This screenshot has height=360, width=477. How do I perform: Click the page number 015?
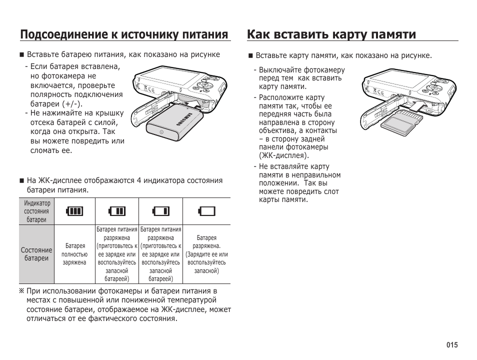tap(452, 345)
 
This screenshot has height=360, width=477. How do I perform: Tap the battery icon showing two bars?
tap(117, 211)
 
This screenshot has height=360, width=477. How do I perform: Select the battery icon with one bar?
tap(161, 211)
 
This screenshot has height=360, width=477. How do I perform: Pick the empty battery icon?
tap(206, 211)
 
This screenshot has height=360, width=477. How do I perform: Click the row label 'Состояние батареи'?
tap(36, 254)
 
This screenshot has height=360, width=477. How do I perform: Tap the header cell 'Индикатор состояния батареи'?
tap(37, 211)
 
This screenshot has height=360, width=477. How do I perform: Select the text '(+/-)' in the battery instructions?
tap(72, 103)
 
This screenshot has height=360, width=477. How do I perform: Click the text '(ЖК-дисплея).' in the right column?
tap(280, 155)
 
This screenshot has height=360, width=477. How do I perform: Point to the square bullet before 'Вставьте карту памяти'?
tap(250, 55)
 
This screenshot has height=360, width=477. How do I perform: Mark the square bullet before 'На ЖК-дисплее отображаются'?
tap(21, 181)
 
